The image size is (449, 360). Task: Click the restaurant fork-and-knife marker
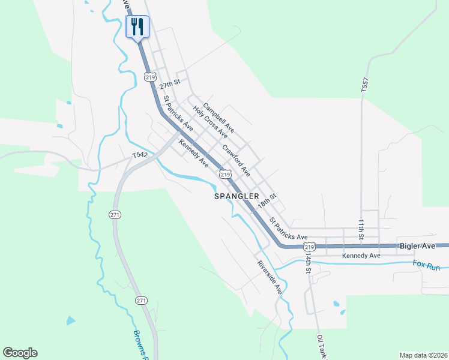[137, 26]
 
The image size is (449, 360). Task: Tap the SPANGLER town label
[237, 196]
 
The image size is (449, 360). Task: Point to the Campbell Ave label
[218, 118]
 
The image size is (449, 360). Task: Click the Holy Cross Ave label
[210, 121]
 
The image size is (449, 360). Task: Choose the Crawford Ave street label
[236, 160]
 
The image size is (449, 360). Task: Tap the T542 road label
[140, 155]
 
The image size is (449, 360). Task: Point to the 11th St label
[361, 229]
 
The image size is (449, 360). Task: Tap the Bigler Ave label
[417, 246]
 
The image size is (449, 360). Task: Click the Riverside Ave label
[270, 276]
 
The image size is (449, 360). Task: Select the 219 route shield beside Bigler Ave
[309, 247]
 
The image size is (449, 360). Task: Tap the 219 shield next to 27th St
[150, 77]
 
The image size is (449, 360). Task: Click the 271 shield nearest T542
[115, 214]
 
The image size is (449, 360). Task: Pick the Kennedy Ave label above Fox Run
[361, 256]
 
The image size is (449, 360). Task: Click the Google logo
[20, 353]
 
